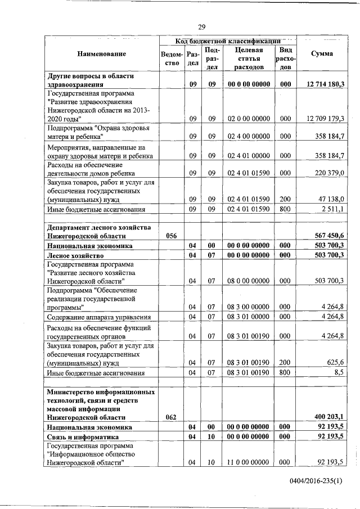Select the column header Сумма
321,53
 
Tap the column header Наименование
102,53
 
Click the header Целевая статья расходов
249,58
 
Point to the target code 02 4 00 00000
249,136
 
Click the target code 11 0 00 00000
249,462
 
